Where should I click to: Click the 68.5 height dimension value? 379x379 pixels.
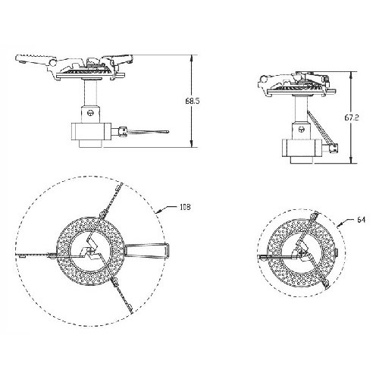(x=193, y=101)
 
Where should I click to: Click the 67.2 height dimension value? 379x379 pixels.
(x=352, y=117)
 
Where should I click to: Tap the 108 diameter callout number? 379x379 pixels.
(x=185, y=208)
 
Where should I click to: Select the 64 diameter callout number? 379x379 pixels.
(x=362, y=220)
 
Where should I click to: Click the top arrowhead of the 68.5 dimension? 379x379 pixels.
(x=192, y=58)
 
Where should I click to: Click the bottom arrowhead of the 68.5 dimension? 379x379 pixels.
(x=192, y=144)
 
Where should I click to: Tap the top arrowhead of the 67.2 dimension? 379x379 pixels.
(x=351, y=75)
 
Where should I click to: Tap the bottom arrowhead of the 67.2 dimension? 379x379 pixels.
(x=351, y=160)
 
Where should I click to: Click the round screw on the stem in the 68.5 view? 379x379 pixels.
(x=89, y=113)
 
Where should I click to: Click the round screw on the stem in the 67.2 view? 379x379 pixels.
(x=301, y=129)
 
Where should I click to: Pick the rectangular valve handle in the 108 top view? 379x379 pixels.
(x=146, y=251)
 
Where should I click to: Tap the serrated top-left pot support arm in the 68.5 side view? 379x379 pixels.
(x=36, y=58)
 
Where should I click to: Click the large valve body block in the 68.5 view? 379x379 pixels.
(x=91, y=131)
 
